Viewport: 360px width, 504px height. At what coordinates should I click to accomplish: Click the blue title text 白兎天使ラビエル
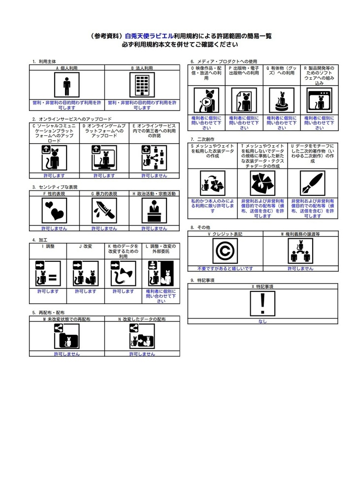(149, 36)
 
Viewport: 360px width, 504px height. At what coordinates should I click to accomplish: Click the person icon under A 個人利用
(67, 85)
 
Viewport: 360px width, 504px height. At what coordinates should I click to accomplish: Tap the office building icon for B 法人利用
(142, 85)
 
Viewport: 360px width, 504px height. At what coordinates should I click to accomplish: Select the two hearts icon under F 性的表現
(54, 211)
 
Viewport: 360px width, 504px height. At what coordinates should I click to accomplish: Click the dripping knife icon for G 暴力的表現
(104, 211)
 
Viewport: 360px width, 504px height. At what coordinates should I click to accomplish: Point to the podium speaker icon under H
(155, 211)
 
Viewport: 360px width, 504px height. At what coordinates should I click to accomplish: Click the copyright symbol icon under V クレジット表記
(225, 251)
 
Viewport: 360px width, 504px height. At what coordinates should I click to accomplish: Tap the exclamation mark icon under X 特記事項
(262, 304)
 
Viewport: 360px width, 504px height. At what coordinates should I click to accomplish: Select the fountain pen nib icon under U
(313, 183)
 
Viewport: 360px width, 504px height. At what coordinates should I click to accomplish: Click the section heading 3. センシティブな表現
(55, 187)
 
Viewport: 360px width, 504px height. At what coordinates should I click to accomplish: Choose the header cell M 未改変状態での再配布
(67, 319)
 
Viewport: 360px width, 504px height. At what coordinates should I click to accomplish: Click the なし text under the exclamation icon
(262, 321)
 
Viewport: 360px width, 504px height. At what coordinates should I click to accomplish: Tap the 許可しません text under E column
(155, 176)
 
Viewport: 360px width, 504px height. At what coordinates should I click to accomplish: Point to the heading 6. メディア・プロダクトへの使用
(224, 61)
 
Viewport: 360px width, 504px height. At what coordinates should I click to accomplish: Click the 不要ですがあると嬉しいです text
(225, 268)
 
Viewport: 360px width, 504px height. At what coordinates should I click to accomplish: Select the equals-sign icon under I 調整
(48, 274)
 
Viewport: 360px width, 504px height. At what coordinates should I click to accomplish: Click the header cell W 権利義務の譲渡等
(300, 234)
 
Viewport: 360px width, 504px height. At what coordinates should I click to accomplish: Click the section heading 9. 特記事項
(202, 280)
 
